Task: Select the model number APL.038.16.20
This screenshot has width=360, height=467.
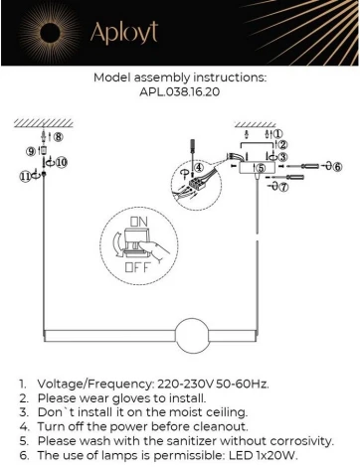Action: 180,89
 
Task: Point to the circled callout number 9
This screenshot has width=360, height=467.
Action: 31,152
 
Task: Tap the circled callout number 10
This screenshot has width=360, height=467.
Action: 61,161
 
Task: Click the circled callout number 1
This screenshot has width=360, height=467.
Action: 279,133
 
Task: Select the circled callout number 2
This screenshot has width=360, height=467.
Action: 281,145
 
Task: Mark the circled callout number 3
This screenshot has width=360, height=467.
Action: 283,157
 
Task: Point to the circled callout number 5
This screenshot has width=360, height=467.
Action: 261,169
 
